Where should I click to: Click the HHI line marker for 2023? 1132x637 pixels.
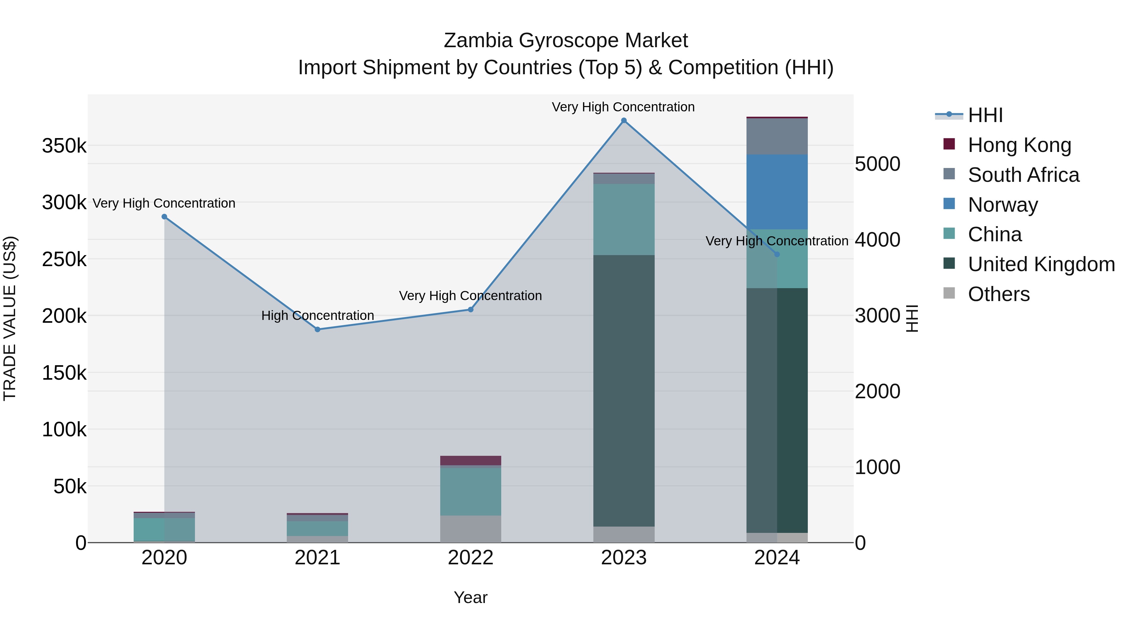624,120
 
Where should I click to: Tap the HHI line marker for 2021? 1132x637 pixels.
317,329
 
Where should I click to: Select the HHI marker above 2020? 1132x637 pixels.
164,217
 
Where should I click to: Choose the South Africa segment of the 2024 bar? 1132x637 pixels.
777,136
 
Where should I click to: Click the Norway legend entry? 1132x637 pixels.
1002,205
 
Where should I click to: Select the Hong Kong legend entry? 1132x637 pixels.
1019,145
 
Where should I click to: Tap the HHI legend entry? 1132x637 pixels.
985,115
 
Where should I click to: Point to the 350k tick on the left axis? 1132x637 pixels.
64,146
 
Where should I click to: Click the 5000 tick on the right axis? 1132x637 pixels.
877,165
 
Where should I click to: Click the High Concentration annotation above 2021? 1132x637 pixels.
317,316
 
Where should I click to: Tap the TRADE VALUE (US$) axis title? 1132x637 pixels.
10,318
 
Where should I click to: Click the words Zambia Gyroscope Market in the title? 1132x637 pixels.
566,41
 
